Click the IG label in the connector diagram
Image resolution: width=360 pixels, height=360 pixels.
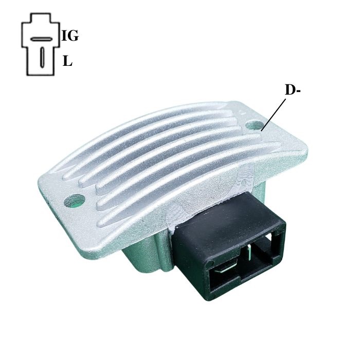[x=70, y=37]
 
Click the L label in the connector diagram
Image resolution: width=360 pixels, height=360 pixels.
[x=67, y=61]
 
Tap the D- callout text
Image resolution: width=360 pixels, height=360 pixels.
[x=293, y=90]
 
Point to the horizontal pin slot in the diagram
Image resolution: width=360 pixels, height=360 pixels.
[x=41, y=39]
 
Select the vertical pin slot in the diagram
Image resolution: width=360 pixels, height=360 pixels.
[x=42, y=58]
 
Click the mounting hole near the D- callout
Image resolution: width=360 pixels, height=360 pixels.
[x=255, y=125]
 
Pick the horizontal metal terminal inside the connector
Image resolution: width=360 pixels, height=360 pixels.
[x=226, y=268]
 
